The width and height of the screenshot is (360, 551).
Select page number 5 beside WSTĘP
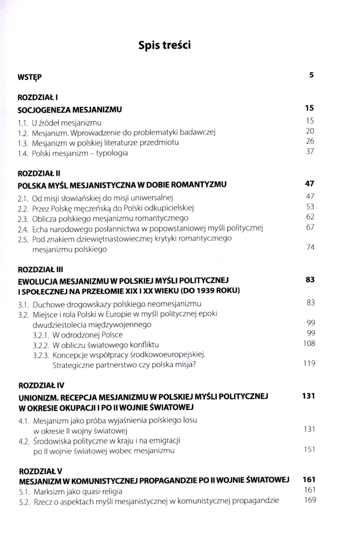pyautogui.click(x=311, y=75)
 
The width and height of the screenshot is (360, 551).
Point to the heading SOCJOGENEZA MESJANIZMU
pyautogui.click(x=69, y=109)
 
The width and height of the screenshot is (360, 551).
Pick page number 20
pyautogui.click(x=309, y=131)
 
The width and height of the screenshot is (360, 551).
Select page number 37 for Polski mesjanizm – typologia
pyautogui.click(x=309, y=152)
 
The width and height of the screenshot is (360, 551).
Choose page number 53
pyautogui.click(x=309, y=207)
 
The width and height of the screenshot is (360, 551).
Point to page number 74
pyautogui.click(x=309, y=248)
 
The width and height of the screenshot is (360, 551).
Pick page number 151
pyautogui.click(x=309, y=450)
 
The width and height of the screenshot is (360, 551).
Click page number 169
pyautogui.click(x=309, y=500)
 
